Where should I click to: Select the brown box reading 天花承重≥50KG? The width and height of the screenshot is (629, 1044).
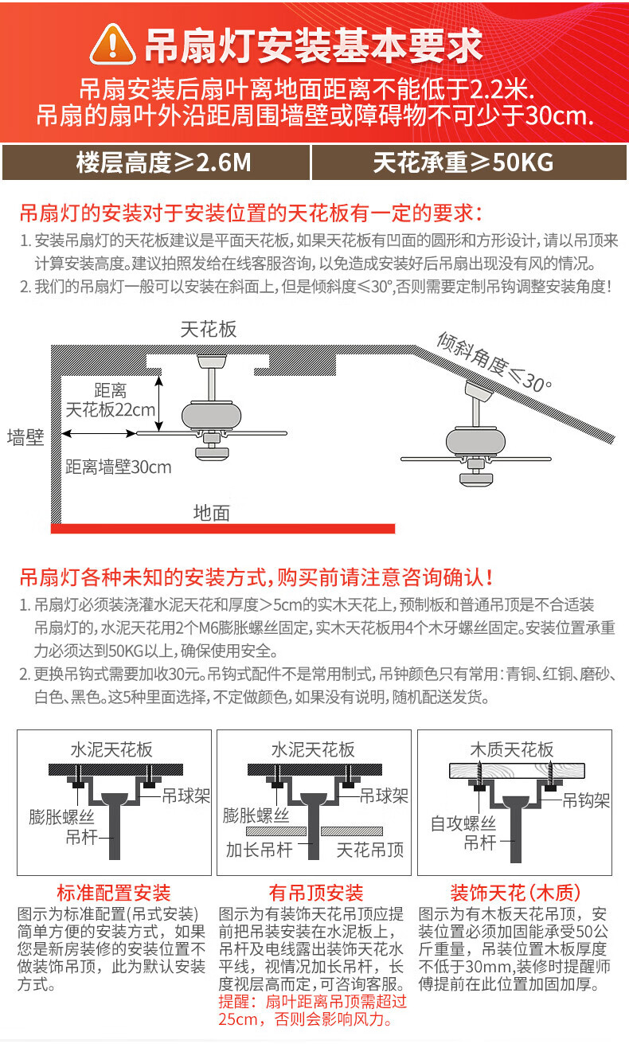(x=464, y=163)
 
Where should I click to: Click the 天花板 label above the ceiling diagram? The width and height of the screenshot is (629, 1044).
(x=209, y=329)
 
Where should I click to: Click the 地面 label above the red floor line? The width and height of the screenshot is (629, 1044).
(x=212, y=513)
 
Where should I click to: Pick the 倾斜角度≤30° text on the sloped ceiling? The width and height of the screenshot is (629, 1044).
(x=494, y=361)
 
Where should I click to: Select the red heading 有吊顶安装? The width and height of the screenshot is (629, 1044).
(x=316, y=893)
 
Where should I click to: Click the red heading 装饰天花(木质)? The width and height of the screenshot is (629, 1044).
(x=515, y=893)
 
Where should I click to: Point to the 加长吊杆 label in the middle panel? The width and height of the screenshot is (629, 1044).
(x=260, y=850)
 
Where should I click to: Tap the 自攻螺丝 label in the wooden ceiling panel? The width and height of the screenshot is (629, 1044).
(x=464, y=823)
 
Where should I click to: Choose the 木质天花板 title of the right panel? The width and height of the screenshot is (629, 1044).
(x=512, y=750)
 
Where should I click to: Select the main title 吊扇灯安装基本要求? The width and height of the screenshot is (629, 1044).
(x=314, y=45)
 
